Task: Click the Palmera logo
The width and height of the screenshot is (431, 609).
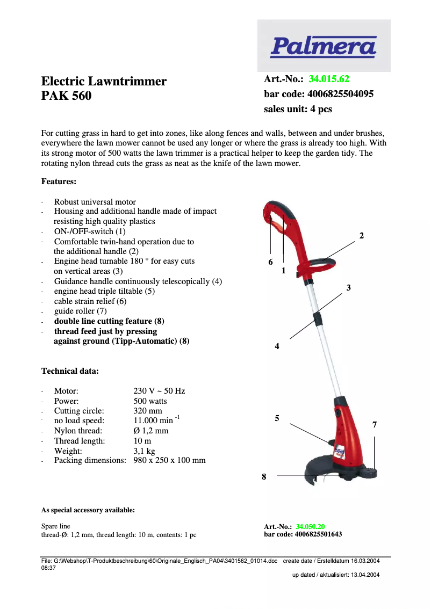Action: click(324, 46)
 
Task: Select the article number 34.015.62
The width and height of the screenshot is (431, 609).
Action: click(329, 79)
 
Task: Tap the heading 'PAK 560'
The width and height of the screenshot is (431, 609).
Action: click(67, 96)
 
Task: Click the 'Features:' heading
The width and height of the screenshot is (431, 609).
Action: click(59, 182)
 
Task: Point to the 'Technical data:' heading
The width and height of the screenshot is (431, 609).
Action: click(70, 371)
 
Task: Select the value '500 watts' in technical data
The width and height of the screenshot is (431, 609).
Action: click(150, 401)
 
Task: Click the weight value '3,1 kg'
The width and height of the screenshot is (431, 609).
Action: click(144, 451)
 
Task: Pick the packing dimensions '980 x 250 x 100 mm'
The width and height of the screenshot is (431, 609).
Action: click(169, 460)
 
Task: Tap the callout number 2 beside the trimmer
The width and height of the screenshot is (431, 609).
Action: click(362, 236)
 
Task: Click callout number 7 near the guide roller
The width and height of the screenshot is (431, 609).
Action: click(375, 425)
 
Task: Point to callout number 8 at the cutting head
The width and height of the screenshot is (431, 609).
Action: click(264, 476)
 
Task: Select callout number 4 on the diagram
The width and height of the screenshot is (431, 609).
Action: click(277, 347)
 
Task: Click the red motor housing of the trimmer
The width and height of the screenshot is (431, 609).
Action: click(344, 430)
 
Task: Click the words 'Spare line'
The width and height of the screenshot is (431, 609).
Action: click(56, 526)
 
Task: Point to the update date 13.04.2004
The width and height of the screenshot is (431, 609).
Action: click(365, 575)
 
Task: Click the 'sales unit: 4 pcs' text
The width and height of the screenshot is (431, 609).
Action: click(298, 109)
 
